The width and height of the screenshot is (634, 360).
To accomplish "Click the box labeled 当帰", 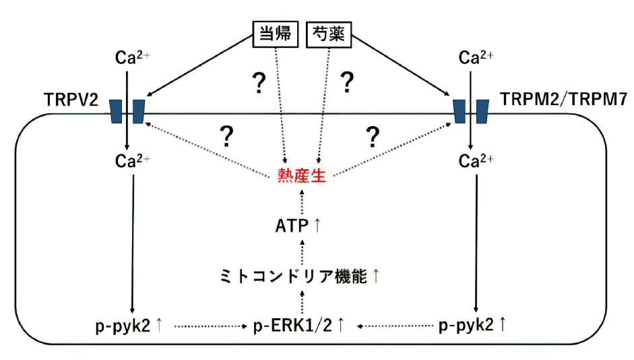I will [275, 35].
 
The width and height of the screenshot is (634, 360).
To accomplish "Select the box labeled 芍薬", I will [329, 35].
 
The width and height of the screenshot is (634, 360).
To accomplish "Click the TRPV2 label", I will [66, 100].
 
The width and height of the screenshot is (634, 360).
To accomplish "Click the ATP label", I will [292, 227].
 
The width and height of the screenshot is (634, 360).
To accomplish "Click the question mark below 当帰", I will [257, 84].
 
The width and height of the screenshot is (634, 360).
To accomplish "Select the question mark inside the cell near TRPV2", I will [227, 137].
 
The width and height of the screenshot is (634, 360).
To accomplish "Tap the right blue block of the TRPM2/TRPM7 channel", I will [482, 111].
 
